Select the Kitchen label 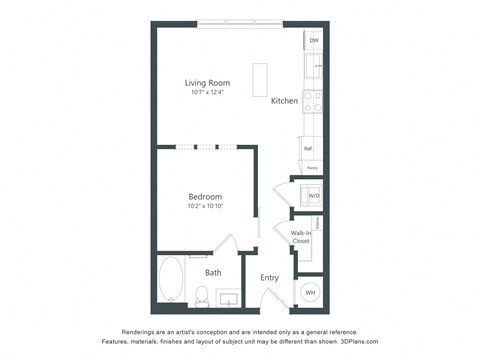(284, 101)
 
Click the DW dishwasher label (314, 41)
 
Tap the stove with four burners (313, 100)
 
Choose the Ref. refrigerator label (309, 149)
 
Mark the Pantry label (312, 168)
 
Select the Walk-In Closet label (300, 237)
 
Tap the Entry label (270, 278)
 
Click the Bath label (213, 272)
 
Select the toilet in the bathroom (200, 295)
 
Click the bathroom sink (228, 297)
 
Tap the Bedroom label (205, 197)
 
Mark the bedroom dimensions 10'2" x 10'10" (205, 207)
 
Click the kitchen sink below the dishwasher (313, 67)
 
